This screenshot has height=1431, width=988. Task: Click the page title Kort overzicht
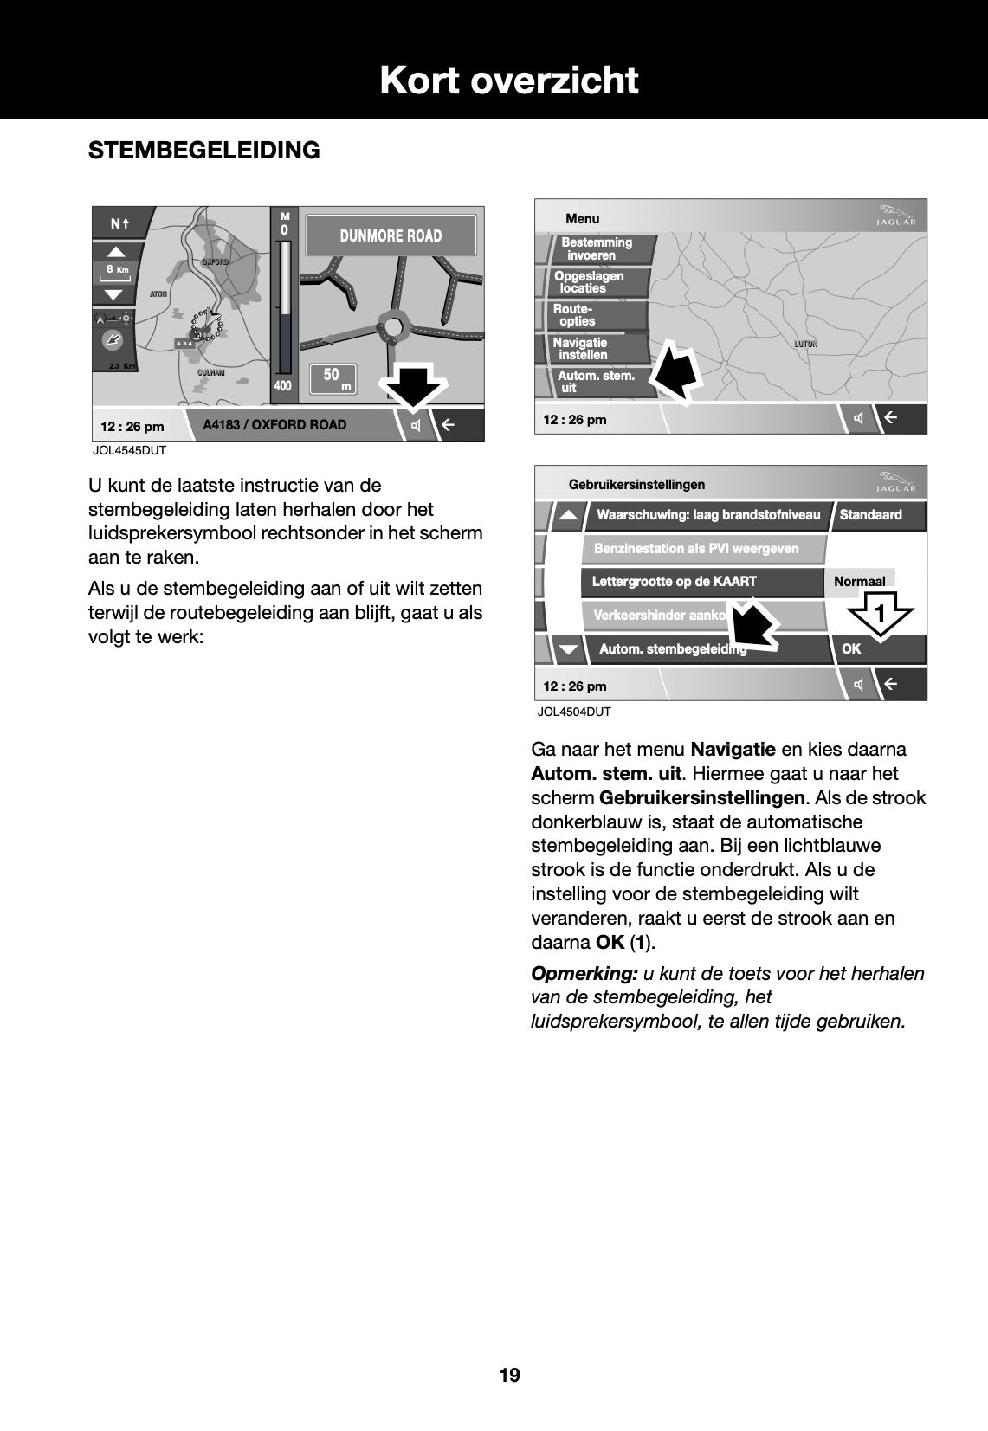(508, 81)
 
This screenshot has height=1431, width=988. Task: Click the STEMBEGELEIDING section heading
(204, 151)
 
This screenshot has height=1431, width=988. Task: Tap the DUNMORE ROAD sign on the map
(391, 235)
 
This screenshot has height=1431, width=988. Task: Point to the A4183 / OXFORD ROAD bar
(274, 425)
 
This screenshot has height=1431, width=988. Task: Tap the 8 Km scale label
(115, 270)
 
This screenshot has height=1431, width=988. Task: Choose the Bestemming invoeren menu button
(597, 249)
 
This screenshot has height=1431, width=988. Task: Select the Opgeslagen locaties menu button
(590, 282)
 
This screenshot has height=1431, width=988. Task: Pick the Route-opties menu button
(575, 315)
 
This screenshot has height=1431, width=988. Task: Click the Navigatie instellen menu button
(582, 349)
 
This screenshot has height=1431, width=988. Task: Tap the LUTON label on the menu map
(805, 345)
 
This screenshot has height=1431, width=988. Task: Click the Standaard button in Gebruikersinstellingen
(871, 515)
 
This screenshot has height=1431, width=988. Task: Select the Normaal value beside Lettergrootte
(859, 582)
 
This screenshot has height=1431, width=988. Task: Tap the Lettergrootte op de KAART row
(675, 582)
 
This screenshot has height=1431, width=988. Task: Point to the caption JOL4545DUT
(129, 451)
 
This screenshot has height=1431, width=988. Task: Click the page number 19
(509, 1376)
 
